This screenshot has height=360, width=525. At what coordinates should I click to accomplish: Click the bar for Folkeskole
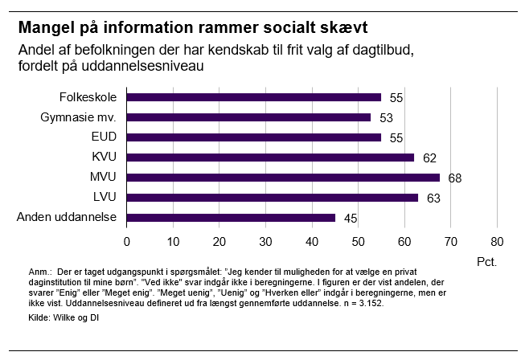click(x=253, y=97)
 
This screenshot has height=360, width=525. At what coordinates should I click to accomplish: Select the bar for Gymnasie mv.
click(x=248, y=117)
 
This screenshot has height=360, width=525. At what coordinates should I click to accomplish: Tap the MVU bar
click(x=283, y=177)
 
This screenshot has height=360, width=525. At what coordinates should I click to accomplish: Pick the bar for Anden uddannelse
click(x=230, y=217)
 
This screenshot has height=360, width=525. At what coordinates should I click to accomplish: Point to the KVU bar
click(x=269, y=157)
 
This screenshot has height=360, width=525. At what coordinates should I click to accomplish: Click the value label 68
click(x=454, y=178)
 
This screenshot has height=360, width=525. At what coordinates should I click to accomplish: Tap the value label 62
click(x=429, y=157)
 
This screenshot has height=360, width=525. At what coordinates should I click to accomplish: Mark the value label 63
click(x=433, y=198)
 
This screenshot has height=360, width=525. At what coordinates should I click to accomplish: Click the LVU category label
click(x=105, y=197)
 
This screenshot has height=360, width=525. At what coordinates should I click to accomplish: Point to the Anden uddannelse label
click(x=68, y=217)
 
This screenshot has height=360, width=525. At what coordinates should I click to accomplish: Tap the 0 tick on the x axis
click(x=126, y=241)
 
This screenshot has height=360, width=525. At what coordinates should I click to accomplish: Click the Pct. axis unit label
click(x=486, y=261)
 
